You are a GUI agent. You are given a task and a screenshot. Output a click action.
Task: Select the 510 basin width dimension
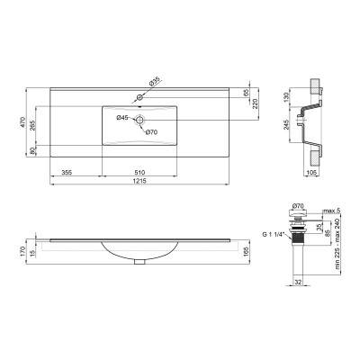click(x=139, y=170)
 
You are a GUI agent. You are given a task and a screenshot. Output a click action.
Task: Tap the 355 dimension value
click(x=67, y=170)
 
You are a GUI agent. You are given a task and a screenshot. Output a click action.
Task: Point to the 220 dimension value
click(x=255, y=103)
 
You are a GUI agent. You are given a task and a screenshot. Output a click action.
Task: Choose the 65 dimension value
click(x=244, y=93)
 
